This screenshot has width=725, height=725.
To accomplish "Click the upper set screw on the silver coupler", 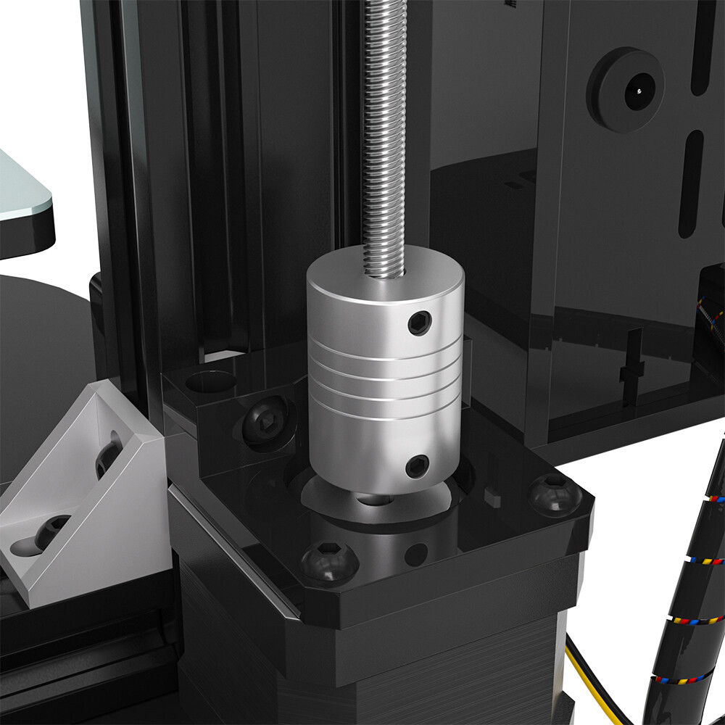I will tap(420, 323).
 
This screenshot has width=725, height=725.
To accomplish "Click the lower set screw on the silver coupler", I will tap(417, 466).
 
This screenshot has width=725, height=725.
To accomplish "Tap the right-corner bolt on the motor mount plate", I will tap(555, 494).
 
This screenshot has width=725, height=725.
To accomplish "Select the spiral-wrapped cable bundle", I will tap(689, 594).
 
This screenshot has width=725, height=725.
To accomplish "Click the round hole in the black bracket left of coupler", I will tap(210, 380).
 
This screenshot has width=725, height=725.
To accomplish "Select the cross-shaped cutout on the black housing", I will tap(632, 366).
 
